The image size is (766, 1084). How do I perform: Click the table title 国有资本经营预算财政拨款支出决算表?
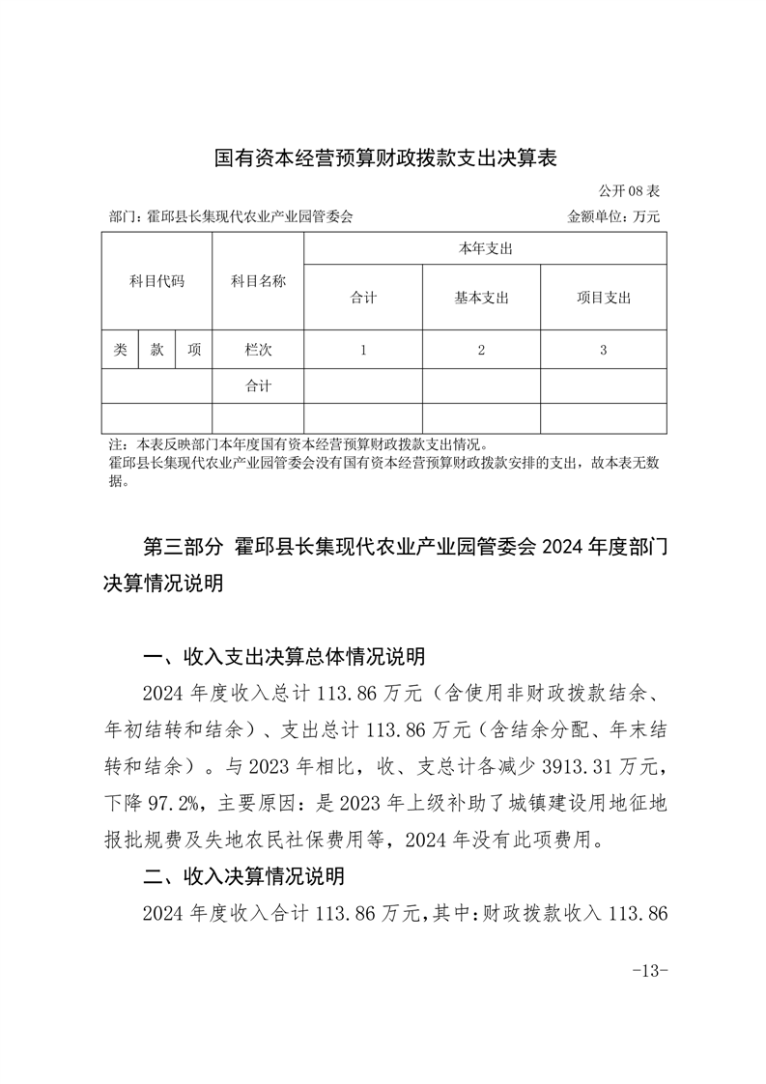[x=385, y=158]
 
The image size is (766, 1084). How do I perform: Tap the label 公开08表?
[x=630, y=191]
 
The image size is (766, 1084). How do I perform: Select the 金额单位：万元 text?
[x=613, y=217]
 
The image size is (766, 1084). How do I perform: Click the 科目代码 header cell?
[x=156, y=282]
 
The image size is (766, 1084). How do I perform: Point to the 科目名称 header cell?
[x=258, y=282]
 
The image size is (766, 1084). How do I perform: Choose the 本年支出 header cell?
[x=485, y=249]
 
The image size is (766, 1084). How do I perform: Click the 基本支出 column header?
[x=481, y=298]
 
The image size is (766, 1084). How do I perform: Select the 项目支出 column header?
[x=603, y=298]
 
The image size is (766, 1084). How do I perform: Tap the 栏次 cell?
[x=258, y=350]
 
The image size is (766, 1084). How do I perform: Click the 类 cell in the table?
[x=120, y=350]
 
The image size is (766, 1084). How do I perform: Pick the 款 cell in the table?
[x=156, y=350]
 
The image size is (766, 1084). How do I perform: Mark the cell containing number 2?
[x=481, y=351]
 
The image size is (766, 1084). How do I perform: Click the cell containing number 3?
[x=603, y=351]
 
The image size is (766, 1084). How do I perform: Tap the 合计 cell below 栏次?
[x=258, y=386]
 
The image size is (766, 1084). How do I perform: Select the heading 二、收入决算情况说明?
[x=242, y=877]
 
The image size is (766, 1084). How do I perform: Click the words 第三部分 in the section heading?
[x=183, y=548]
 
